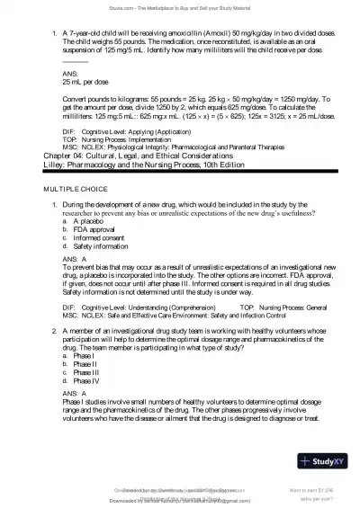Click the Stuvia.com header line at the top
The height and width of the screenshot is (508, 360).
point(180,5)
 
